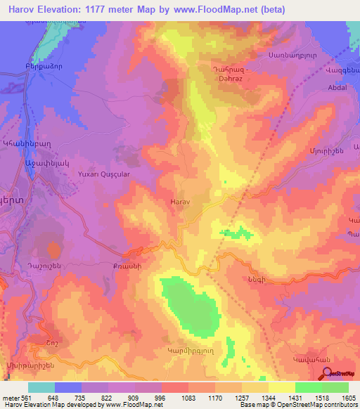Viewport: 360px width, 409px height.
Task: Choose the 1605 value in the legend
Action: [349, 397]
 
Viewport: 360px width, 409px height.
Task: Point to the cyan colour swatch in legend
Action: [41, 387]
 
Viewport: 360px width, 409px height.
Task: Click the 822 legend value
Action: [115, 397]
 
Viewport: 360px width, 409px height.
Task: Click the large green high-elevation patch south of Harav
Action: [188, 301]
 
